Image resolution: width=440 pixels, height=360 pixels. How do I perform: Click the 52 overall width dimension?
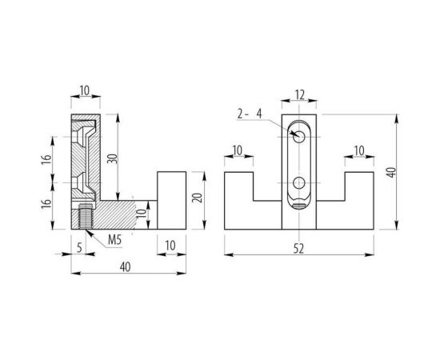pos(298,249)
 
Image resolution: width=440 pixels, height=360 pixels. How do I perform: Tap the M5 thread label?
pos(114,240)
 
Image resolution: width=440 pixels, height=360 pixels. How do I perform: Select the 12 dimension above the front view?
pos(300,95)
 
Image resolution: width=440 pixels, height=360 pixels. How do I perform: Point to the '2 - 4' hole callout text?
pos(249,114)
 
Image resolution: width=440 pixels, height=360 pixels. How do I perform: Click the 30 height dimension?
pos(112,159)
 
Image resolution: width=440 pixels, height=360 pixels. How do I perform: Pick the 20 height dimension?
pos(198,198)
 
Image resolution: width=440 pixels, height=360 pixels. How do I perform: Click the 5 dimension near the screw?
pos(79,248)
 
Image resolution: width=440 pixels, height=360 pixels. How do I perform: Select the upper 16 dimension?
pos(46,159)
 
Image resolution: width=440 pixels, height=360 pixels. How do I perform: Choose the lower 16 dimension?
pos(46,204)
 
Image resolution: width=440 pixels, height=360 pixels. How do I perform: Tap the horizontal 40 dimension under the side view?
pos(125,267)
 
